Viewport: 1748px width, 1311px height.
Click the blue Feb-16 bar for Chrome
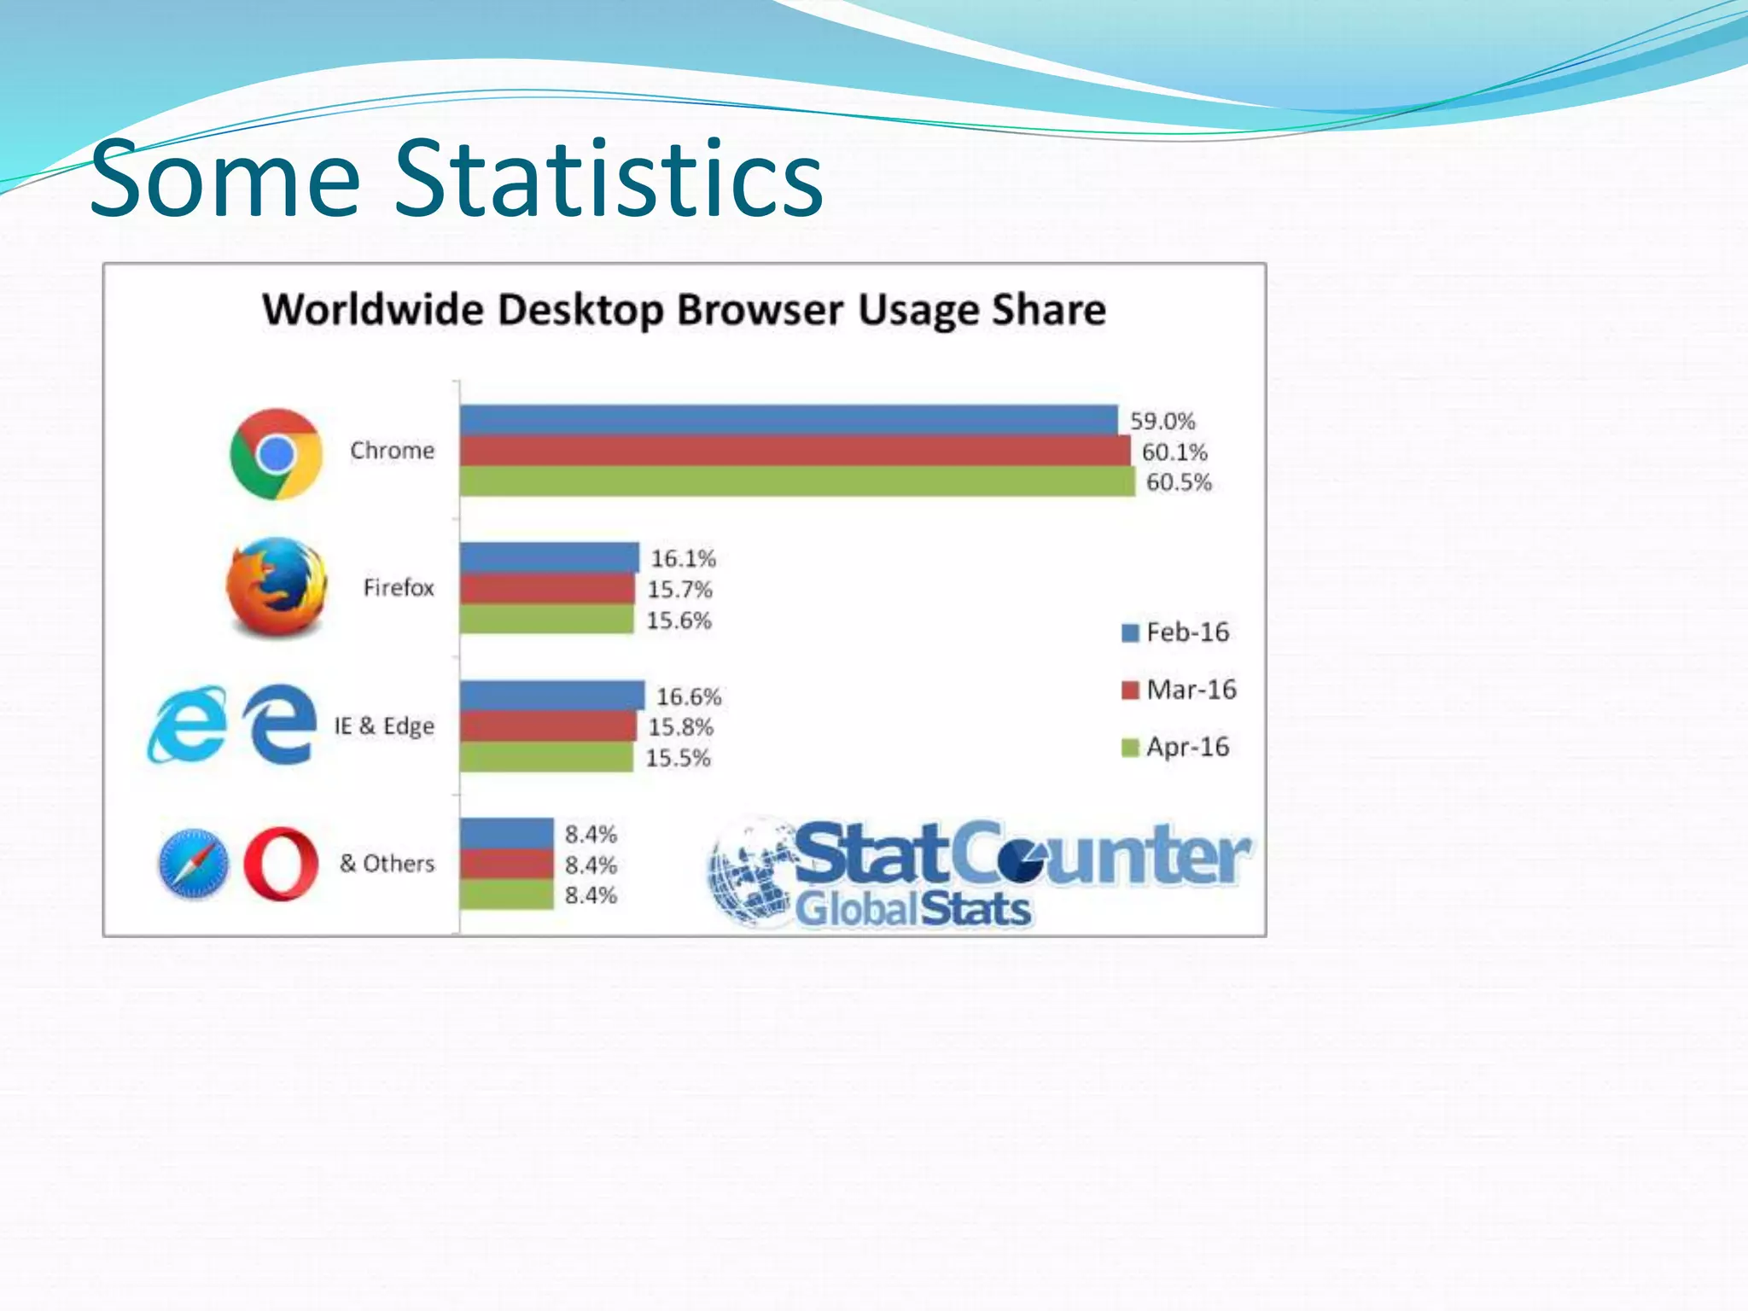[x=789, y=420]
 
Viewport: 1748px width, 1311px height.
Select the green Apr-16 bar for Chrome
[x=797, y=481]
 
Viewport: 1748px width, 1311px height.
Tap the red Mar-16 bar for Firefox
[x=547, y=589]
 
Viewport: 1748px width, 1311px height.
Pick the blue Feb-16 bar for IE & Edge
[x=551, y=695]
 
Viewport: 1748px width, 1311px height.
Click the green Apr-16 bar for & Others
[x=507, y=894]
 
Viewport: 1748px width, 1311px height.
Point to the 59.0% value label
[x=1162, y=421]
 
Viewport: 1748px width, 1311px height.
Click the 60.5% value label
[x=1179, y=482]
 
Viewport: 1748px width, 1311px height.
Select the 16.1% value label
[x=684, y=558]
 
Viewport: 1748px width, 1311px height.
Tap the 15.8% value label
[x=680, y=727]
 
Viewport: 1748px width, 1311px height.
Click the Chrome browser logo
[x=276, y=453]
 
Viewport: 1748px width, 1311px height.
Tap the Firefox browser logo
[x=277, y=587]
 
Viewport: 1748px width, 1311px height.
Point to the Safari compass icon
[x=194, y=864]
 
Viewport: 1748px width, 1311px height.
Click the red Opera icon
[x=281, y=864]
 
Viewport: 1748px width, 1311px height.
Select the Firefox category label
[x=399, y=588]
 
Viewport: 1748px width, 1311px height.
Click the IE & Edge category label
[x=384, y=726]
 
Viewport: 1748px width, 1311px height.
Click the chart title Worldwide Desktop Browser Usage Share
[x=684, y=309]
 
